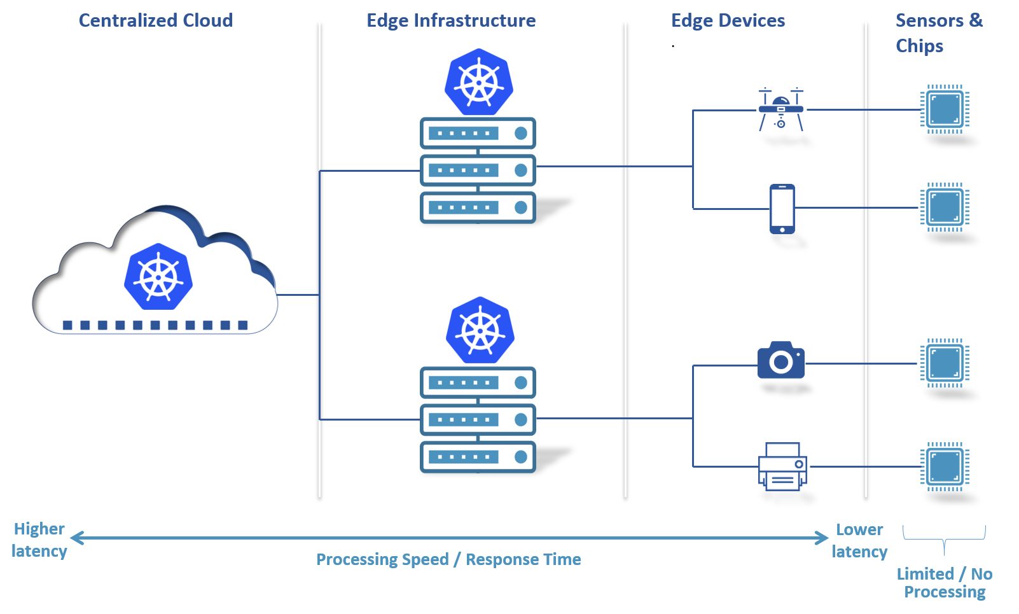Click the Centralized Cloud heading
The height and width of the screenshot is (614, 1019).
coord(155,20)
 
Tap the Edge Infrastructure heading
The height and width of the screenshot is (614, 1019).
coord(451,20)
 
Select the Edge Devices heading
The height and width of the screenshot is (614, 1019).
coord(728,20)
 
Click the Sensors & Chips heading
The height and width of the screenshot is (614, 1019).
coord(938,32)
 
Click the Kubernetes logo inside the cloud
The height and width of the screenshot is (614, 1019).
coord(158,277)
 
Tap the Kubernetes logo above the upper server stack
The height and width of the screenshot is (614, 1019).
coord(479,83)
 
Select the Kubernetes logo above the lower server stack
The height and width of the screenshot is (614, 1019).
coord(480,331)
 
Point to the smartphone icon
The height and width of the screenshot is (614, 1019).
coord(782,209)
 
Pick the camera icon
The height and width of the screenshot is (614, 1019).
coord(780,361)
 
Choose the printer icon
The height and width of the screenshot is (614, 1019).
coord(782,467)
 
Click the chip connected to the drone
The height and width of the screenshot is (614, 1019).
coord(945,109)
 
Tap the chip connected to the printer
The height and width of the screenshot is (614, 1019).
coord(945,466)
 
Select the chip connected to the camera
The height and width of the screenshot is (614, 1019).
coord(945,363)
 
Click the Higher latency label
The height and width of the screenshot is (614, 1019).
coord(39,540)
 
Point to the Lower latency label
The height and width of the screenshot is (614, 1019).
coord(859,540)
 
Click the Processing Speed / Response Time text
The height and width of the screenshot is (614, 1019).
coord(448,559)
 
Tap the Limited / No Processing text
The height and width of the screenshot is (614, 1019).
coord(945,583)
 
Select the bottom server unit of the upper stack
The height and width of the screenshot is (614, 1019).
coord(478,207)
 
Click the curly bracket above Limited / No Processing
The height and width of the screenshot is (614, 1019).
coord(944,538)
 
